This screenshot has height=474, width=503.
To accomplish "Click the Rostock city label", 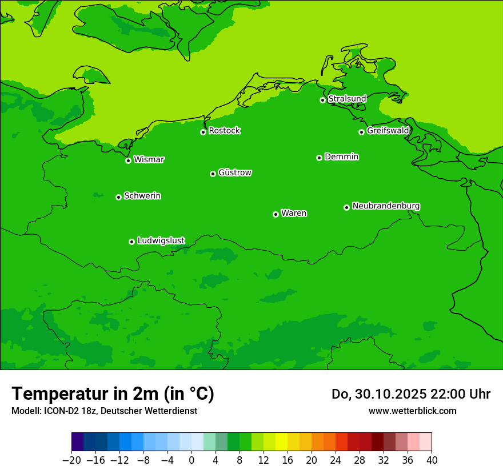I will click(x=224, y=131).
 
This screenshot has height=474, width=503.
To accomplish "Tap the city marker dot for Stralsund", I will click(x=322, y=100).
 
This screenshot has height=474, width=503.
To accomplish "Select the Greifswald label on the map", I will click(x=388, y=131).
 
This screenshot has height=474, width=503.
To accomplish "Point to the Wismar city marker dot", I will click(x=129, y=160).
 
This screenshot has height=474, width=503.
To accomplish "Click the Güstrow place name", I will click(x=234, y=172).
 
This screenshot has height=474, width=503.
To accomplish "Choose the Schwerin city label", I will click(x=142, y=196).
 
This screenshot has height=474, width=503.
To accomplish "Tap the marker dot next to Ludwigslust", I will click(x=131, y=242).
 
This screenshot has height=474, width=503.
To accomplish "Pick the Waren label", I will click(x=294, y=214).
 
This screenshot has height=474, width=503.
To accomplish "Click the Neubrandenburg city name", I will click(x=386, y=206).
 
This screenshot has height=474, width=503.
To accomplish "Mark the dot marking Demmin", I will click(x=319, y=158).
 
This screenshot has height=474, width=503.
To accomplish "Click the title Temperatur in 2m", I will click(x=113, y=393).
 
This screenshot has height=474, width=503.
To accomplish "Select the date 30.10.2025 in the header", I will click(x=390, y=394).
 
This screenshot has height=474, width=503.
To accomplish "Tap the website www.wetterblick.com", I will click(x=412, y=411).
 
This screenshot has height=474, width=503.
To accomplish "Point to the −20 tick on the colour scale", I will click(x=72, y=460).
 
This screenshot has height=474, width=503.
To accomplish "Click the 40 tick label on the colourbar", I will click(x=432, y=460).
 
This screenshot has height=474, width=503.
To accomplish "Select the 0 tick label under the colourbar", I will click(x=191, y=460).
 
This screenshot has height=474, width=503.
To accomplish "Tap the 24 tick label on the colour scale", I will click(x=336, y=460).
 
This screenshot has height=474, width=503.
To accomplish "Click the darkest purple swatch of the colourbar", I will click(x=78, y=442).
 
